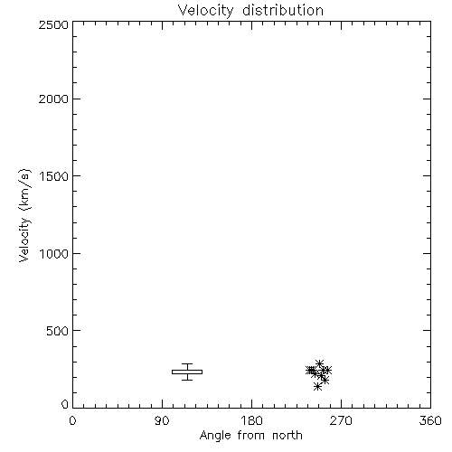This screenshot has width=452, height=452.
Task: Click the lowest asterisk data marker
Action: (317, 387)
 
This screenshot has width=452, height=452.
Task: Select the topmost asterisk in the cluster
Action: (319, 363)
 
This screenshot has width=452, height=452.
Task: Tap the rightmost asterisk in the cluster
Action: (327, 370)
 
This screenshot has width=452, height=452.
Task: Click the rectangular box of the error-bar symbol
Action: (187, 372)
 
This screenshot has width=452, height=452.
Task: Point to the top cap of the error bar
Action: (187, 364)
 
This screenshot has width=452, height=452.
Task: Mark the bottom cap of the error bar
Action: (187, 380)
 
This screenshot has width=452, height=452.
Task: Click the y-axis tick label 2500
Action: (53, 24)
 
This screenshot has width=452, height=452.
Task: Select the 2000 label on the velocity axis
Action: (53, 99)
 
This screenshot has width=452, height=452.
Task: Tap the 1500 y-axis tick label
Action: (54, 176)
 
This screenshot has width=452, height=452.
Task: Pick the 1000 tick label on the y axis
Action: (54, 254)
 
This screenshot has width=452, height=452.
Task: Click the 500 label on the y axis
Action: (58, 331)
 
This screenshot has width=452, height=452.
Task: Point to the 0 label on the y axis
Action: (65, 404)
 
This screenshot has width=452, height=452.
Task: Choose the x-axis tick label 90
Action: (162, 420)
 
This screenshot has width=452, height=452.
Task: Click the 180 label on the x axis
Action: (251, 420)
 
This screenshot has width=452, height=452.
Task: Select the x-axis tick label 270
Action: (341, 420)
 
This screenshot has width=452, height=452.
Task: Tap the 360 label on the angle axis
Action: (430, 420)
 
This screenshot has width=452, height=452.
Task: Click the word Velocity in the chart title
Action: (205, 11)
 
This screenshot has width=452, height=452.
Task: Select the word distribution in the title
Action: (283, 10)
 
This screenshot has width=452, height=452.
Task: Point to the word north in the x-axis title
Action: (287, 436)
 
